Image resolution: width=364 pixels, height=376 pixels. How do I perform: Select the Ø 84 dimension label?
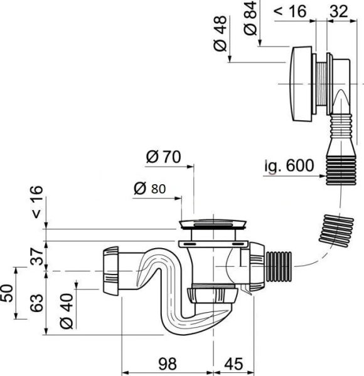[x=250, y=18]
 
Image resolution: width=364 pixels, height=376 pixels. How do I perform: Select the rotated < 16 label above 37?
[x=38, y=202]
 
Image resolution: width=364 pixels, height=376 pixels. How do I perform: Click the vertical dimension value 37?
[x=38, y=256]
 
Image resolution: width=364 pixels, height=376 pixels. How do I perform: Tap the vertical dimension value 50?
[x=8, y=293]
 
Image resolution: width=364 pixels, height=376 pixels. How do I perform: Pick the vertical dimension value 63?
[x=38, y=304]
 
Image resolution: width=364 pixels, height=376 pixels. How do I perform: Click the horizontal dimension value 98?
[x=167, y=364]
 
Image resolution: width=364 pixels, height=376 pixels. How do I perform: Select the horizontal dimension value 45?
[x=233, y=364]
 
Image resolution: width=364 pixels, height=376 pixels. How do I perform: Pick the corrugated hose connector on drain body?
[x=279, y=265]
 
